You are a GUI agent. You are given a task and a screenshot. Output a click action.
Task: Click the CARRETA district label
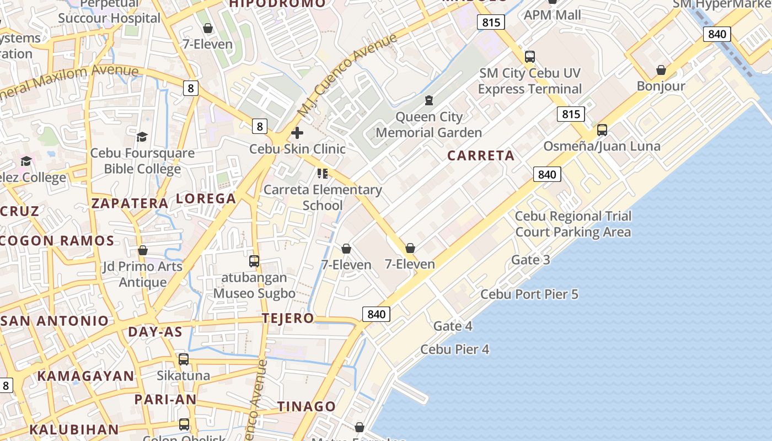[481, 155]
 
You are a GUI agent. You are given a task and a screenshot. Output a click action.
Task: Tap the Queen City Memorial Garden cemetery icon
[428, 100]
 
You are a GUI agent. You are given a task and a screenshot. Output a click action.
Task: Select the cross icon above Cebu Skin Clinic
[297, 133]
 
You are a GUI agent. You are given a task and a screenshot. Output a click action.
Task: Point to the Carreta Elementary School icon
[323, 174]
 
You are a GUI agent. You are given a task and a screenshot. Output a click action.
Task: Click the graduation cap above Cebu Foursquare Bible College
[142, 137]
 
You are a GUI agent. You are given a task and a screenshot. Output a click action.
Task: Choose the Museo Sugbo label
[254, 293]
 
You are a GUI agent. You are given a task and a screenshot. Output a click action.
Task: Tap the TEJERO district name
[288, 318]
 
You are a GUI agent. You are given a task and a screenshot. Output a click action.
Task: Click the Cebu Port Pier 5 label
[529, 294]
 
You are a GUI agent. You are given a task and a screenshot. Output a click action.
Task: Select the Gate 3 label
[530, 260]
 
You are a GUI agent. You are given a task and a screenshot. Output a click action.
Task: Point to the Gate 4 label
[453, 326]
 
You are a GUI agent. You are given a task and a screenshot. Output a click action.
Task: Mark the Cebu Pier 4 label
[455, 349]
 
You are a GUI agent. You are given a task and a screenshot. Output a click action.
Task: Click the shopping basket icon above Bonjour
[661, 70]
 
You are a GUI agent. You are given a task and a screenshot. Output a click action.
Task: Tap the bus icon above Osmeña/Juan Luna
[602, 130]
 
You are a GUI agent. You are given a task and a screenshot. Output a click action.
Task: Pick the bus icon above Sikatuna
[184, 359]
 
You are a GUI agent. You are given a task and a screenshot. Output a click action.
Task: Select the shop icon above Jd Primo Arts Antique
[143, 250]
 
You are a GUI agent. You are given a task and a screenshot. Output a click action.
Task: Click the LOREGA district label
[206, 198]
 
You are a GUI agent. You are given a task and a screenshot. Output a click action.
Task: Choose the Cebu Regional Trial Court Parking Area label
[573, 224]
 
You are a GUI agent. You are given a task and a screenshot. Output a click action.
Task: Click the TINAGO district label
[306, 406]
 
